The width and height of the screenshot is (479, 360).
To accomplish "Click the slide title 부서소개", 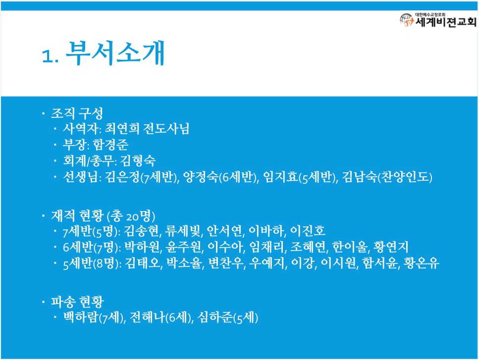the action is (x=115, y=53).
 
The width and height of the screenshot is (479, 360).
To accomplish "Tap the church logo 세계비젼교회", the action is (x=438, y=20).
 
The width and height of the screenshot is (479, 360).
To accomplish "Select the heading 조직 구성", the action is (x=77, y=113).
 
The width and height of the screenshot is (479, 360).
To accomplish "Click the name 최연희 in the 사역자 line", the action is (x=122, y=129).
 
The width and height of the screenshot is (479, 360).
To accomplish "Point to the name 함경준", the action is (x=110, y=145).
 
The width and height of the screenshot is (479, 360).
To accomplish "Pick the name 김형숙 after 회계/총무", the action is (x=138, y=160).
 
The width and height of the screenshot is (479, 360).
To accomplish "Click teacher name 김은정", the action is (x=122, y=177).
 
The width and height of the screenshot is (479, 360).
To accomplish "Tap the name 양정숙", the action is (x=201, y=177).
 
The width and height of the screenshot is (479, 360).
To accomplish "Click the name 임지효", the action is (x=280, y=177).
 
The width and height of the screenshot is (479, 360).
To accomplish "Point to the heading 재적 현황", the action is (x=77, y=215).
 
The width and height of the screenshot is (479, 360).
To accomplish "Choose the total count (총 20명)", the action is (x=131, y=216).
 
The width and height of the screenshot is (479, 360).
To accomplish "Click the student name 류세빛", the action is (x=183, y=231).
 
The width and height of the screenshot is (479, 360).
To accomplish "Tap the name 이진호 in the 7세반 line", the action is (x=308, y=231).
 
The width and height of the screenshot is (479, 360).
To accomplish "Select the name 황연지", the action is (x=391, y=247).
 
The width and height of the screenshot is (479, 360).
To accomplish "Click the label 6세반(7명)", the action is (x=92, y=247).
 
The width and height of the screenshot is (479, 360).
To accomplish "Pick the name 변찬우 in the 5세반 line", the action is (x=226, y=263).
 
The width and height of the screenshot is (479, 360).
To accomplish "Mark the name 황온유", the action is (x=421, y=263).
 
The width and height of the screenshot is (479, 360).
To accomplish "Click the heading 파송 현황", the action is (x=77, y=302).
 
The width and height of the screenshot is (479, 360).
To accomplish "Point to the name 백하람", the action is (x=80, y=317).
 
